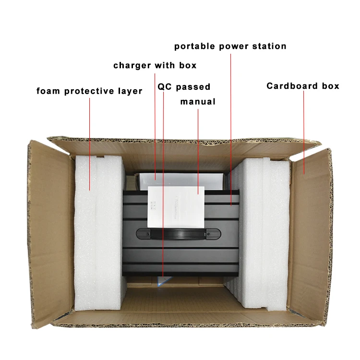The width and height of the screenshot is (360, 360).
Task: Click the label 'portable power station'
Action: (230, 47)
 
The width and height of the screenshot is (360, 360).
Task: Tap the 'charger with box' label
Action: (155, 65)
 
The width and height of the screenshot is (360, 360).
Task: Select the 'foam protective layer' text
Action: (89, 91)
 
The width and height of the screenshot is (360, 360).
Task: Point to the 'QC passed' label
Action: (184, 87)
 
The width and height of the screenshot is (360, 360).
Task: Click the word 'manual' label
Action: (198, 101)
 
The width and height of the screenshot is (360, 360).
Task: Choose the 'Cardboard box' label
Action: (303, 86)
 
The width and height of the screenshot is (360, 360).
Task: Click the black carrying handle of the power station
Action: (178, 234)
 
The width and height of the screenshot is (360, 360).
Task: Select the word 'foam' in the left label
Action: (48, 91)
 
